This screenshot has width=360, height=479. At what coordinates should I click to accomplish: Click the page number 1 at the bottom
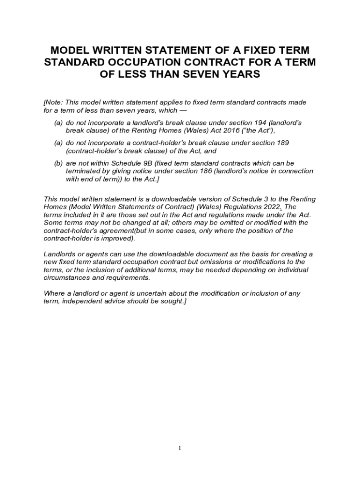point(180,448)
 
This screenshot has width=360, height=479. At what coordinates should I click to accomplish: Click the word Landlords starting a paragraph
point(59,254)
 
